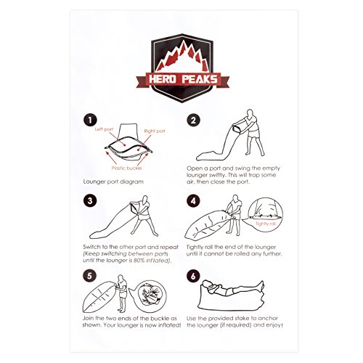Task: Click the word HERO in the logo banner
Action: (x=163, y=79)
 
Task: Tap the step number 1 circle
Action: (x=90, y=121)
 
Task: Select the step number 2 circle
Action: (x=193, y=121)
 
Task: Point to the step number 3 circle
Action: (x=90, y=201)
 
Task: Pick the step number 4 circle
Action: (x=193, y=201)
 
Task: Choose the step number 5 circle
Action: (x=89, y=276)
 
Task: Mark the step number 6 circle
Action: (x=193, y=276)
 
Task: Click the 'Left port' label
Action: (x=104, y=129)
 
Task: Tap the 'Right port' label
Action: (x=155, y=131)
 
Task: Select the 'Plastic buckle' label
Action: (x=126, y=168)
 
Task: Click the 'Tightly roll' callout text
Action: (x=266, y=224)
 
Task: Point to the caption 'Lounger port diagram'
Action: (x=113, y=181)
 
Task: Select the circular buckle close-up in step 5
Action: (x=150, y=296)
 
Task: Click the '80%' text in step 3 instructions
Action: (x=139, y=261)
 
